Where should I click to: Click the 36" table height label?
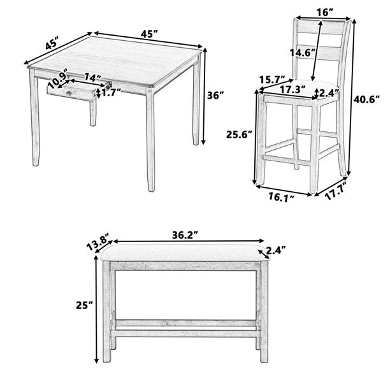(215, 95)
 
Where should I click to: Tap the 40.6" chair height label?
(366, 99)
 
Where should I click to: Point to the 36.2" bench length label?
(185, 235)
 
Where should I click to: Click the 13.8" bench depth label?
(97, 242)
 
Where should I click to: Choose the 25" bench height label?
(84, 305)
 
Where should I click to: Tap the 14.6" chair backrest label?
(303, 53)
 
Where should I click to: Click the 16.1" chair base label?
(281, 196)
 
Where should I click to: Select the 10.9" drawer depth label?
(58, 78)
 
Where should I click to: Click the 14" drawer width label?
(92, 77)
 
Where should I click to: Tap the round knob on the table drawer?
(68, 93)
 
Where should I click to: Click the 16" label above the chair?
(325, 12)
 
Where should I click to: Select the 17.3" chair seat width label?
(292, 89)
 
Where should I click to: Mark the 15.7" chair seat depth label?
(272, 80)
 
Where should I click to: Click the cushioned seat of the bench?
(185, 252)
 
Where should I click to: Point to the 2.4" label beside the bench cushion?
(275, 250)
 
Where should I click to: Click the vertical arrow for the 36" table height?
(204, 96)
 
